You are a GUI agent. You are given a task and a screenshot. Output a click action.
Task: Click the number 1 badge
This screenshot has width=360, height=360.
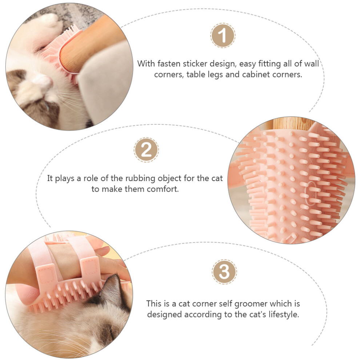[223, 35]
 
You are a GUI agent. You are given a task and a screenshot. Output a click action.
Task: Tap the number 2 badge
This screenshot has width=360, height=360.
[146, 150]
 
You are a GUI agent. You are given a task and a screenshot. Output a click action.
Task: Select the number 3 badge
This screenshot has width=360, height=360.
[224, 272]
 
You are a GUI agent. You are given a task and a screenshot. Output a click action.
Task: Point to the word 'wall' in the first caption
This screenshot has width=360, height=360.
[312, 64]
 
